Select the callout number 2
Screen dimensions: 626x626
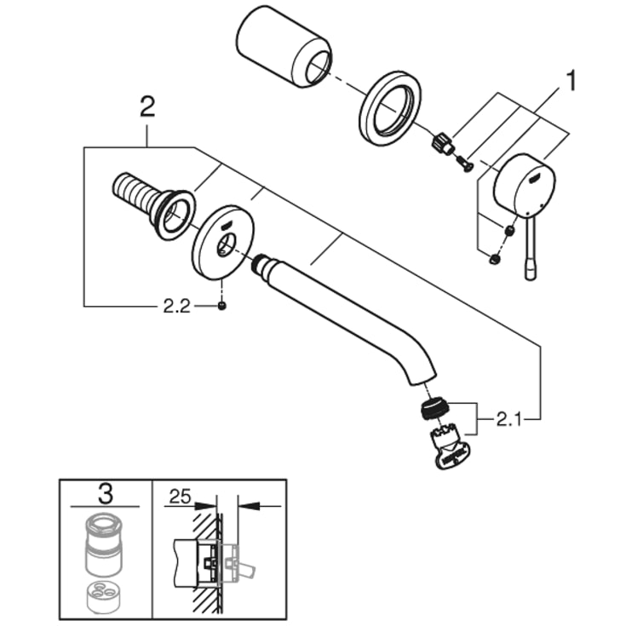(x=147, y=108)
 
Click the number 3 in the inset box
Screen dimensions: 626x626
(x=106, y=493)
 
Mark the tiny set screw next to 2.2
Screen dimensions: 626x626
(x=221, y=307)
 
